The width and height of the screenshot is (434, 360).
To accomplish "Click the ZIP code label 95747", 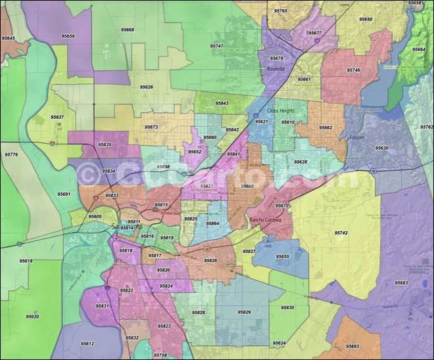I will [x=216, y=47].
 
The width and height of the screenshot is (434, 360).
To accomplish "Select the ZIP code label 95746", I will [x=353, y=70].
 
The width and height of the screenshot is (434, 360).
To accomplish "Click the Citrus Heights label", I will [x=281, y=111].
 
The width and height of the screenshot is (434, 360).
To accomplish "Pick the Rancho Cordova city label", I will [x=265, y=219].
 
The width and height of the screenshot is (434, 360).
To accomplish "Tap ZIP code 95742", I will [x=341, y=233].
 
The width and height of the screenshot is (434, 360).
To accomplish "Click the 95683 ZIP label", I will [x=401, y=282].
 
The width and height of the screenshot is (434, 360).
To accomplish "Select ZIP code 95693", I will [x=352, y=346].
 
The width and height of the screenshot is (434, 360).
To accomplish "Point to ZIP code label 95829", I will [x=244, y=312].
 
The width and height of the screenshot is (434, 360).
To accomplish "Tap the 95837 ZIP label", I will [x=57, y=117].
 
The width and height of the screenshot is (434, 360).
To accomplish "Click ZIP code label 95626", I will [x=146, y=87].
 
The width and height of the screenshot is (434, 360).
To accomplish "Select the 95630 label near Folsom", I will [x=381, y=148].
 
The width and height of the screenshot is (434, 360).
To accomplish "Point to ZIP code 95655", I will [x=282, y=256].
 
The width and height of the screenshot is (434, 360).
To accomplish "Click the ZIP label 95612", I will [x=87, y=344].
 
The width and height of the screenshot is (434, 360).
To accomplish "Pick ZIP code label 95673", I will [x=151, y=127].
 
